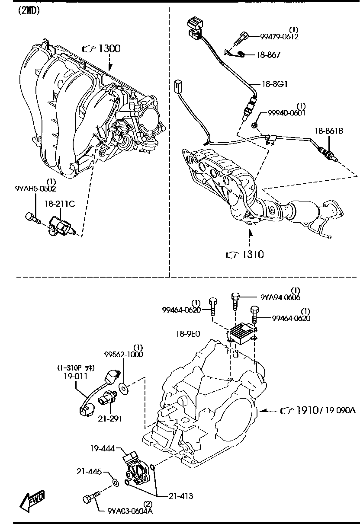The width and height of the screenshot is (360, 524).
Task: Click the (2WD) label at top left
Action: pyautogui.click(x=29, y=11)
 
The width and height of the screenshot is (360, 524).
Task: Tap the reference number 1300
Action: pyautogui.click(x=109, y=49)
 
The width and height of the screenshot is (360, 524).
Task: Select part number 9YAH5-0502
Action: pyautogui.click(x=35, y=189)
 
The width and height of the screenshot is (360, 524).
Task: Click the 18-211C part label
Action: pyautogui.click(x=60, y=204)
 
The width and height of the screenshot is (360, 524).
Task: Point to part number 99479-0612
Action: pyautogui.click(x=279, y=37)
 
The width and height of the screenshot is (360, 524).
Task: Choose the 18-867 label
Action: pyautogui.click(x=268, y=55)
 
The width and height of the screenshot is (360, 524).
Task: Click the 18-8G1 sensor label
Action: pyautogui.click(x=275, y=84)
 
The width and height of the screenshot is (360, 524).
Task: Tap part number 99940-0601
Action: pyautogui.click(x=286, y=113)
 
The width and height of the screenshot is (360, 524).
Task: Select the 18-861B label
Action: pyautogui.click(x=329, y=131)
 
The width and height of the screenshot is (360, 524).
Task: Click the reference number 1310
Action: pyautogui.click(x=253, y=254)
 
